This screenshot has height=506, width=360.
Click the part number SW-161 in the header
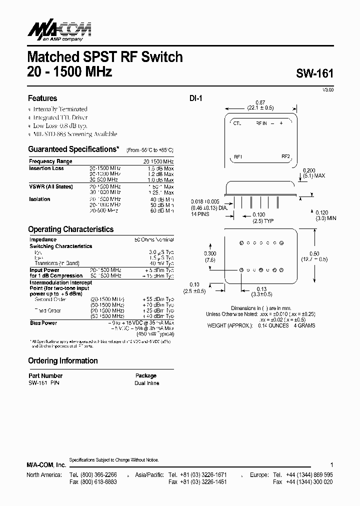pos(313,73)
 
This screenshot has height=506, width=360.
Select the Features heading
pos(42,98)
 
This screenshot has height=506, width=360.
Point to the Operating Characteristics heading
pos(70,229)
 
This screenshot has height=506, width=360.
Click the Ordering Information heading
pos(62,360)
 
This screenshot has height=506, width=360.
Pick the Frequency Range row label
pos(50,161)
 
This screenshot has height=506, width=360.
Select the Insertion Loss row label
pos(46,168)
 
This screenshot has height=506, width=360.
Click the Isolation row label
pos(39,199)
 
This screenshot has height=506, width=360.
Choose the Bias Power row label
pos(43,323)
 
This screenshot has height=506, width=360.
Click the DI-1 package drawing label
pos(195,98)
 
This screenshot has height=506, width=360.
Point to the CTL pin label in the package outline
pos(237,123)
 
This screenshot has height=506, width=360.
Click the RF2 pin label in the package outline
pos(286,156)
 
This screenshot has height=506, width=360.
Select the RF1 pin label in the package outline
pos(238,157)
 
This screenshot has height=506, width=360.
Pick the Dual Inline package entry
pos(146,383)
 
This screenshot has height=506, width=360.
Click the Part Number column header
pos(45,375)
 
